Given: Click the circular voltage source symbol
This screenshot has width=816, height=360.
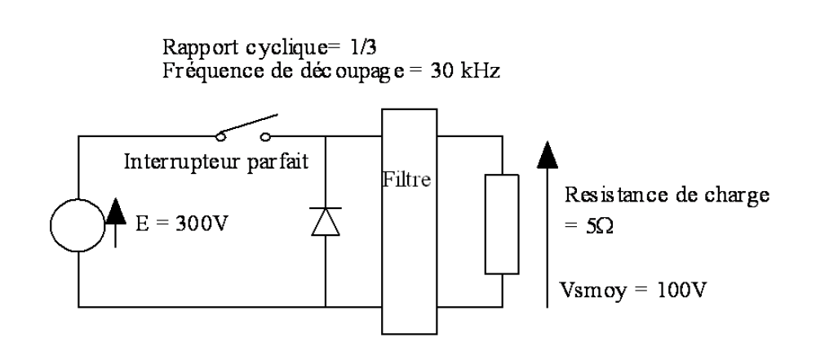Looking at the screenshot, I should pyautogui.click(x=78, y=221).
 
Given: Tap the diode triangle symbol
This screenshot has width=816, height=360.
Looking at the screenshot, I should pyautogui.click(x=326, y=220).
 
